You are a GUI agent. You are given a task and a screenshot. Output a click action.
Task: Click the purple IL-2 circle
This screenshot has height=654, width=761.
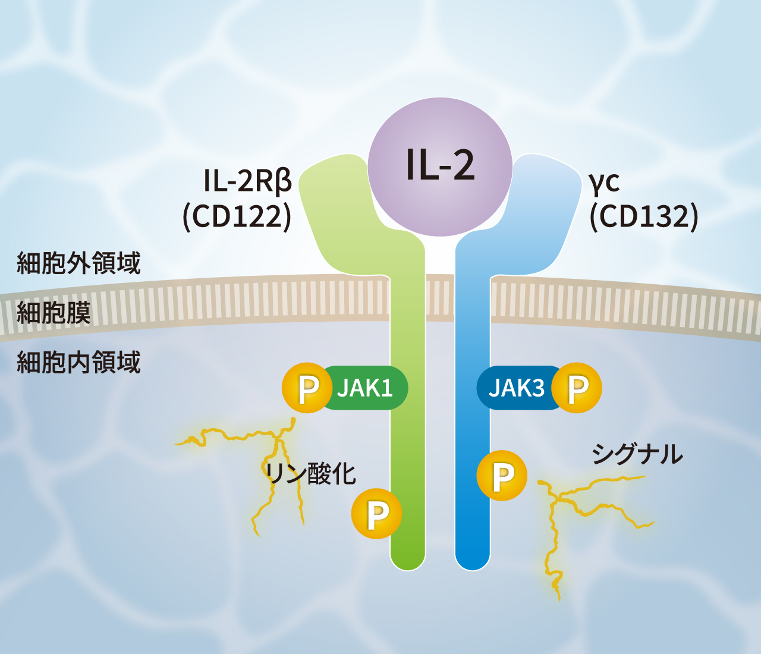point(440,167)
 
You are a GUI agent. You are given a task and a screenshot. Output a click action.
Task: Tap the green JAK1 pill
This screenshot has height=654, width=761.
point(364,388)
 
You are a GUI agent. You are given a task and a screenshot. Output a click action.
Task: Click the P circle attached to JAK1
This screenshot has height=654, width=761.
point(307,388)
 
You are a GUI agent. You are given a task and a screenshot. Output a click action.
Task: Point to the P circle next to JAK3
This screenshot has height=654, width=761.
point(577,388)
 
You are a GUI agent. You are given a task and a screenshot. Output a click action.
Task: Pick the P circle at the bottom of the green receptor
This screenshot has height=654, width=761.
point(376,514)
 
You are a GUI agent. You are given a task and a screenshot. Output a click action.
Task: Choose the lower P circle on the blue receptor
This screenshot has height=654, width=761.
point(502,476)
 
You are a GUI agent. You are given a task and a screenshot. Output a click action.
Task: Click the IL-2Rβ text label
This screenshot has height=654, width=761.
point(248,181)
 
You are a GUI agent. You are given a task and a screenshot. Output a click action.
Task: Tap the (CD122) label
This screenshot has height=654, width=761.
point(237,216)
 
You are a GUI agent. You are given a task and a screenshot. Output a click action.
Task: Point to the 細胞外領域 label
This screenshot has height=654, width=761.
point(79,263)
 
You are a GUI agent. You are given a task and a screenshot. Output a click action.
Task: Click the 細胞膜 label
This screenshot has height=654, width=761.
point(54,312)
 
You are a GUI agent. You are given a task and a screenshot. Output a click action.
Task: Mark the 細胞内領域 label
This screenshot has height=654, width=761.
point(79,362)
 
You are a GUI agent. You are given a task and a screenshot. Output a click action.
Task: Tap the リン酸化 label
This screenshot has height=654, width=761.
point(311,474)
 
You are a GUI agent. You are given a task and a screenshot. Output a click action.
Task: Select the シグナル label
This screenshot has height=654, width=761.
point(637,454)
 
